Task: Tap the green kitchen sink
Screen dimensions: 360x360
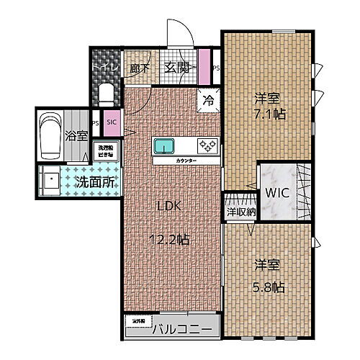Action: click(x=163, y=145)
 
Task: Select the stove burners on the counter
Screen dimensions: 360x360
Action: click(x=208, y=145)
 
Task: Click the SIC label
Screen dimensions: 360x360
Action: click(x=112, y=121)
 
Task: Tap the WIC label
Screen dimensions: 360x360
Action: click(x=276, y=193)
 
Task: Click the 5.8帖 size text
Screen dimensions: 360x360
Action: click(x=268, y=287)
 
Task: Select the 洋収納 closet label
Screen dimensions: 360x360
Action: click(x=241, y=212)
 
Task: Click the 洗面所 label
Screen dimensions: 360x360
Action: click(x=95, y=183)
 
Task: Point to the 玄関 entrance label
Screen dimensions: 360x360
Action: click(x=177, y=68)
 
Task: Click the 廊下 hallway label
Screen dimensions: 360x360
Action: click(x=140, y=69)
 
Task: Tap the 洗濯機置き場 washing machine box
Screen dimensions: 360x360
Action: click(x=105, y=152)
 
